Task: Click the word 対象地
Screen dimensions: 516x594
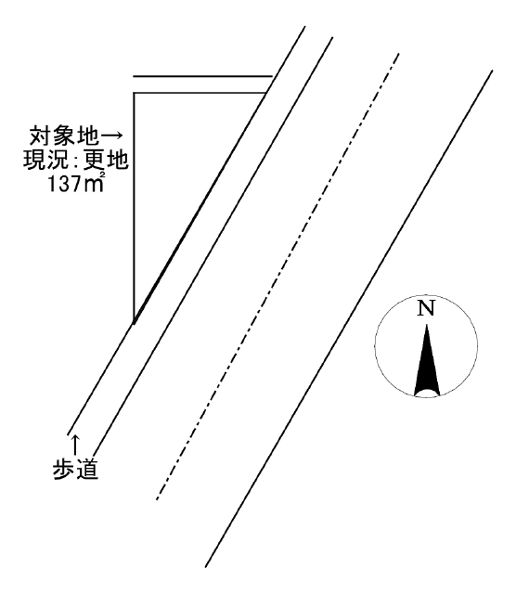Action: (x=64, y=136)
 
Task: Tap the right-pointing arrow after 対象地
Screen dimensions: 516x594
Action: (x=110, y=135)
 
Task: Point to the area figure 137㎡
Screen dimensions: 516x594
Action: (x=76, y=185)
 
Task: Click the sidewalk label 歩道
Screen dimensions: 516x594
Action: (x=76, y=470)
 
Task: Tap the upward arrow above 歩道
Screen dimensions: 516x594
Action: (x=76, y=445)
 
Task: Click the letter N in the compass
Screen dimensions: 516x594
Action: (x=426, y=309)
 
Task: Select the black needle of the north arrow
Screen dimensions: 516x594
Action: (x=427, y=360)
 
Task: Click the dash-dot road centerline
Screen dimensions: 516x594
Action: (x=277, y=277)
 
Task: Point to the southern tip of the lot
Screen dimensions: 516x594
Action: (x=135, y=323)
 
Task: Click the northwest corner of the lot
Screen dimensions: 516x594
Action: (x=134, y=93)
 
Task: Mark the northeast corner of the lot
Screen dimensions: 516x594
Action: (x=265, y=93)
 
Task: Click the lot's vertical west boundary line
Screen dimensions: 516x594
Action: (x=134, y=208)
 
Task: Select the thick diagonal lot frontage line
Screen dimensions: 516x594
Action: (x=200, y=208)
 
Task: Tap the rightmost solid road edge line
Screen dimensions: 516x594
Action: (x=349, y=318)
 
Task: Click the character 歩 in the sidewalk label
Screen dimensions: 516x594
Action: (x=64, y=470)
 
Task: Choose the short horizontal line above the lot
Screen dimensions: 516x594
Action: (x=202, y=76)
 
